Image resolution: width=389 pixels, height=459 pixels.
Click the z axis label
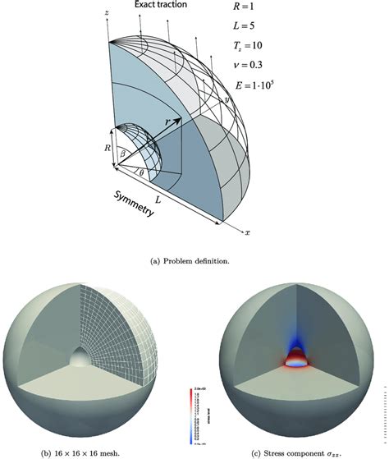(x=108, y=14)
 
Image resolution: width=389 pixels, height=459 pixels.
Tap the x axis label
(x=247, y=232)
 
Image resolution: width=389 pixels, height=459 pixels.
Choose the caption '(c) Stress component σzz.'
(x=295, y=451)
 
